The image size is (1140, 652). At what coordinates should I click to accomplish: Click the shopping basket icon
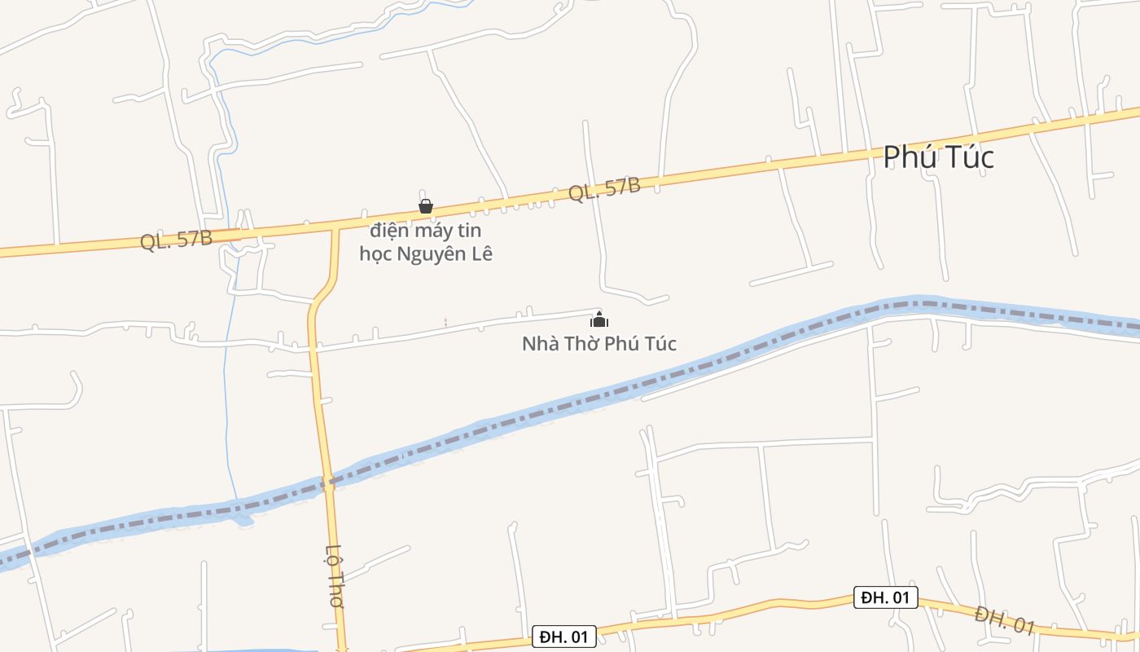425,206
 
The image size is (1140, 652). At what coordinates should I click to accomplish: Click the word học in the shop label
375,253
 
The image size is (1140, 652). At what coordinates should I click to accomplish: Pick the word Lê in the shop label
482,253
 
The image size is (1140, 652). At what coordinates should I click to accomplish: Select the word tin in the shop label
470,231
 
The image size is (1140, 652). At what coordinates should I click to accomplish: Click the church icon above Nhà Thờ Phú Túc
599,319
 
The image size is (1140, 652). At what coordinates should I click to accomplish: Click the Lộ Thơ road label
335,576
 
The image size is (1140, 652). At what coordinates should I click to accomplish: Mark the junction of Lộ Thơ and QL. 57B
335,229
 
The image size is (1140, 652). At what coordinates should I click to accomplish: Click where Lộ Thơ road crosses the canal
328,482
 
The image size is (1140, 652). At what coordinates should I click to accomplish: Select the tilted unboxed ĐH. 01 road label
1004,619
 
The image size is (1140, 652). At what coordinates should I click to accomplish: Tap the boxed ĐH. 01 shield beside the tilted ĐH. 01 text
885,597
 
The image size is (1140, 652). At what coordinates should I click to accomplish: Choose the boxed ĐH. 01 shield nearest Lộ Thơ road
564,637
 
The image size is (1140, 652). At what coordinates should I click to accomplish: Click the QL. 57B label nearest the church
604,188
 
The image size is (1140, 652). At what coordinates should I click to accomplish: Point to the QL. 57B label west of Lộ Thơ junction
176,240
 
